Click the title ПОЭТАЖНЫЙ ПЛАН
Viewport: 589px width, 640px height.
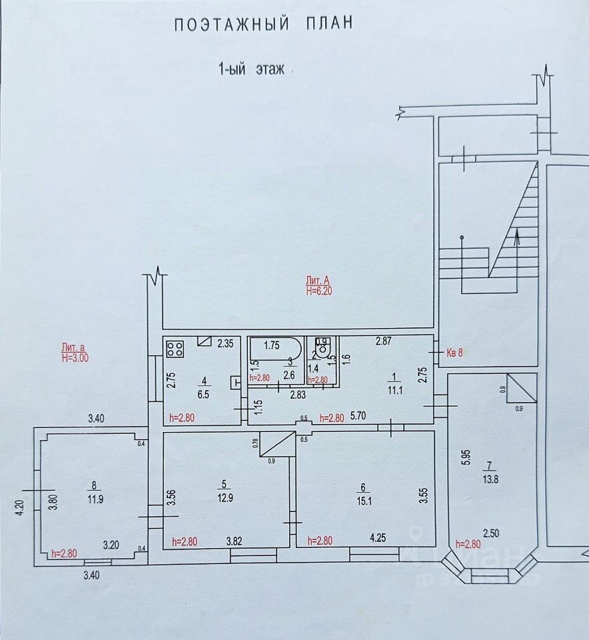(263, 25)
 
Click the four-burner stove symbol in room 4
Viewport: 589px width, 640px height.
(175, 347)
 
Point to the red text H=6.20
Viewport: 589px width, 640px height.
(318, 291)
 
